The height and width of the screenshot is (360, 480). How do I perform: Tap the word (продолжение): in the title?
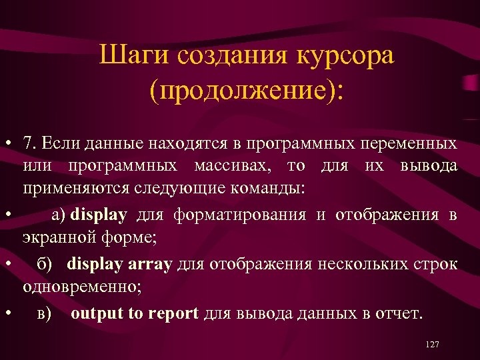pos(247,89)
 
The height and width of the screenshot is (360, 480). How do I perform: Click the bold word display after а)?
pos(98,215)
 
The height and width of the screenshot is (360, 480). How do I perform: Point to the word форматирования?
pos(240,215)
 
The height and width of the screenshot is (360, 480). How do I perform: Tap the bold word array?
pos(149,264)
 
